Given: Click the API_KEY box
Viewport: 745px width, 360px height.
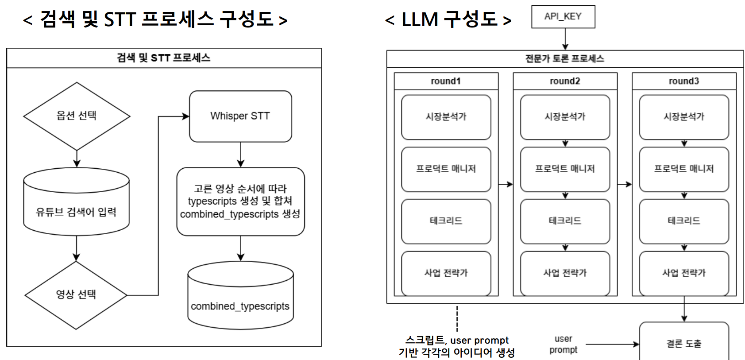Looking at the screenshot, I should (x=563, y=17).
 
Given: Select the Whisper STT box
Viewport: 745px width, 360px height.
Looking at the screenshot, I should (x=240, y=116).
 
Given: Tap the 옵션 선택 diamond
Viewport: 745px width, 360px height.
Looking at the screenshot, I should (x=77, y=116).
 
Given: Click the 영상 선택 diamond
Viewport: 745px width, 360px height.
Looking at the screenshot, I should (x=76, y=294).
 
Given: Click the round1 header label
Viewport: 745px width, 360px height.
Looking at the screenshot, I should (x=446, y=81).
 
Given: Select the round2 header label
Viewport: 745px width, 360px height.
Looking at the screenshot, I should (x=565, y=81).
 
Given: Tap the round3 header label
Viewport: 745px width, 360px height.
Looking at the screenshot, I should (x=684, y=81).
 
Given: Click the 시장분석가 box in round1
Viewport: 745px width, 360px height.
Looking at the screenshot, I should (x=446, y=117).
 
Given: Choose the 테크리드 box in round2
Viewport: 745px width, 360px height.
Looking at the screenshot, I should (x=565, y=221).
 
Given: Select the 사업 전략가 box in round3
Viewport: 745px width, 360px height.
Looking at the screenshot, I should (x=684, y=273).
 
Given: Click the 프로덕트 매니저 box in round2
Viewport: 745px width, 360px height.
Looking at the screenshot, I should (x=565, y=169).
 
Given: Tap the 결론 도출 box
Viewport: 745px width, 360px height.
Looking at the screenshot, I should (x=684, y=343).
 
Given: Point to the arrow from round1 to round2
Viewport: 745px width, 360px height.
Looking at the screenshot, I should (x=506, y=184).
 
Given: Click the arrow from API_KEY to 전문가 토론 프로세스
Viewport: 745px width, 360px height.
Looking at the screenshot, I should (x=565, y=39).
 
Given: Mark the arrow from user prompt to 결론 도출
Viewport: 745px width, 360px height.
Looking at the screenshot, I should (x=612, y=344).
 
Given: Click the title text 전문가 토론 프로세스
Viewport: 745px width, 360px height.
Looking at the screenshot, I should (x=565, y=59).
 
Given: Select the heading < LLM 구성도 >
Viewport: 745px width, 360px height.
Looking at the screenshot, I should (x=448, y=19).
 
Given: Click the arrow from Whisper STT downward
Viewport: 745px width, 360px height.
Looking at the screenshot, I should (x=240, y=155).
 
